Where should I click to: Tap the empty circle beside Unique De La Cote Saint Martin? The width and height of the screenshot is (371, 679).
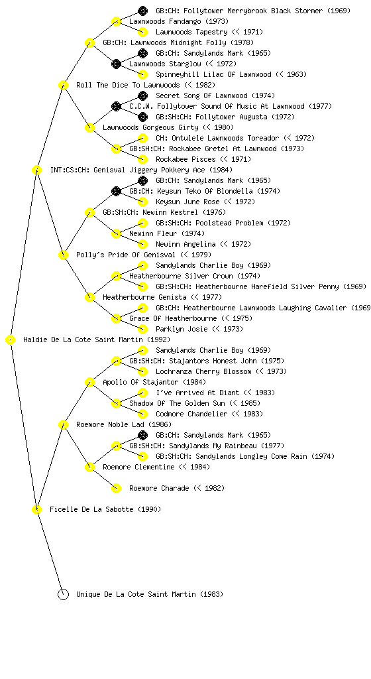[63, 595]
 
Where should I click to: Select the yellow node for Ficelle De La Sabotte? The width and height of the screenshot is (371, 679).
[36, 510]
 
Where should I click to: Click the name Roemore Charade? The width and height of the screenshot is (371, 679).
[159, 489]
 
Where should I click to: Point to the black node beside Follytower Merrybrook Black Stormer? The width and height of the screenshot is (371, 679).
[142, 11]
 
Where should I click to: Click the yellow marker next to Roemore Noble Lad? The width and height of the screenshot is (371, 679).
[63, 425]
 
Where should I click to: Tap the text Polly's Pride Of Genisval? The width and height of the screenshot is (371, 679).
[126, 255]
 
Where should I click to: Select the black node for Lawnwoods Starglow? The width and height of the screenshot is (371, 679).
[116, 64]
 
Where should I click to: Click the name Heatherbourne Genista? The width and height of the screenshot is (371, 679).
[144, 298]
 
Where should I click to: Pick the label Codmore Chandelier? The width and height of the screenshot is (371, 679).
[191, 414]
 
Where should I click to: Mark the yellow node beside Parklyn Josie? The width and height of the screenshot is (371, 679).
[142, 329]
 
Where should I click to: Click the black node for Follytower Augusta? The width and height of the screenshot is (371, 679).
[142, 117]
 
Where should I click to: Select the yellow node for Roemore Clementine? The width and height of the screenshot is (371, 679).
[89, 467]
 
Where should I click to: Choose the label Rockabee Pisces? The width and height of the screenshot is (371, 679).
[185, 159]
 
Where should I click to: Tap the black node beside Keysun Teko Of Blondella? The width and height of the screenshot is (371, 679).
[116, 192]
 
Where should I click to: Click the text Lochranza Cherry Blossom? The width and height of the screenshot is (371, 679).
[203, 371]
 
